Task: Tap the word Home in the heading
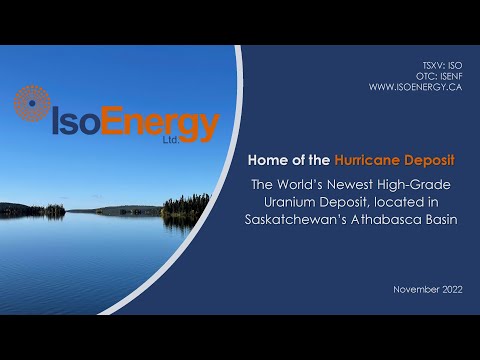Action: pyautogui.click(x=268, y=160)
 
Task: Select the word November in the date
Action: pyautogui.click(x=408, y=289)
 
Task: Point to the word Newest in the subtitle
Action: pyautogui.click(x=361, y=184)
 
